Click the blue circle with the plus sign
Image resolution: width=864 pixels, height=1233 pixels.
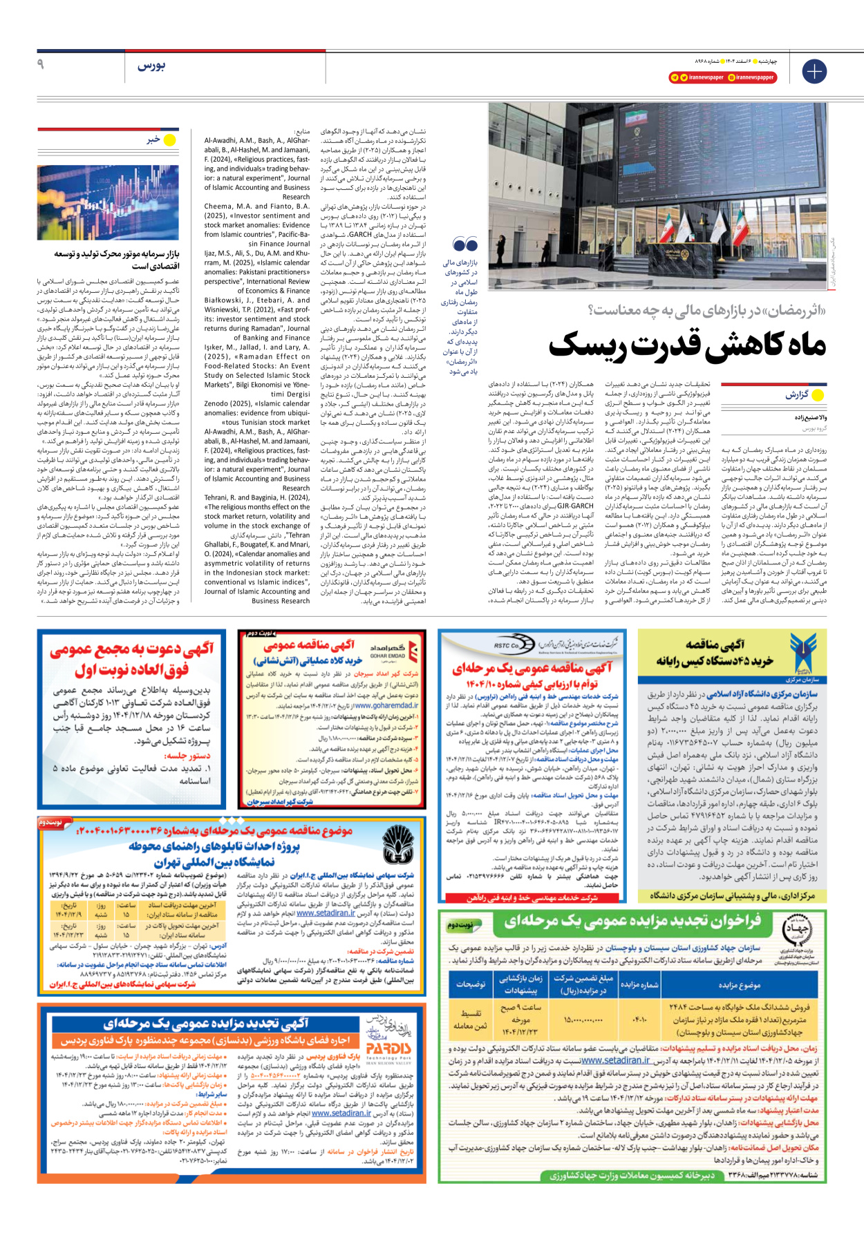click(x=814, y=71)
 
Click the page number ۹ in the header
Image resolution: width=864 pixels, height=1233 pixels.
click(x=41, y=64)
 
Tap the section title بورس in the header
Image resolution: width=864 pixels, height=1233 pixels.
click(x=151, y=66)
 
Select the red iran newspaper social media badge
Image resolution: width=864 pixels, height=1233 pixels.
click(x=696, y=77)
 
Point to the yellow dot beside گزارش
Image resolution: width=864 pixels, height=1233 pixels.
click(x=818, y=395)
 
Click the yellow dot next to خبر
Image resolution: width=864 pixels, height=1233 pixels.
click(x=169, y=140)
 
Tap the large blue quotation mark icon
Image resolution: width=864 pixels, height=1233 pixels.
click(x=465, y=244)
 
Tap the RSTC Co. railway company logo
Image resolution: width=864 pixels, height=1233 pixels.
click(x=506, y=645)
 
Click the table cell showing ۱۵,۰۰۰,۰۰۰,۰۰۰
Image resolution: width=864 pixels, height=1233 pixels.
click(x=583, y=1019)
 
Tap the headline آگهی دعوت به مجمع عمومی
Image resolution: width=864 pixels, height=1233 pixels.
click(x=131, y=649)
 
